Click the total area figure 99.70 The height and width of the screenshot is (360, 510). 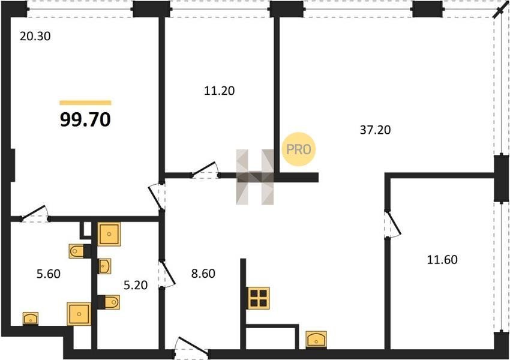[85, 119]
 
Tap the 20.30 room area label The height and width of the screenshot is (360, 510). [35, 36]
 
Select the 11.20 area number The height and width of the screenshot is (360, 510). [219, 91]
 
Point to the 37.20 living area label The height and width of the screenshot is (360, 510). [376, 130]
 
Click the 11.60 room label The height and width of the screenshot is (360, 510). [442, 260]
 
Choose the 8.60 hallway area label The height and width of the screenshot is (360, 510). [203, 274]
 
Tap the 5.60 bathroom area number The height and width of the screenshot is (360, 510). [49, 274]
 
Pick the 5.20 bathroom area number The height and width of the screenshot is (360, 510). [136, 285]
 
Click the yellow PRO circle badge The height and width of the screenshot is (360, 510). [299, 149]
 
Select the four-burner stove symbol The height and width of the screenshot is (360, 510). [258, 298]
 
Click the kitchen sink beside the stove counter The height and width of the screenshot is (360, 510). [316, 340]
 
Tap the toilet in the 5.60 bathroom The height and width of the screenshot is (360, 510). [77, 251]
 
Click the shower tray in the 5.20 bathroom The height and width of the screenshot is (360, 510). [109, 234]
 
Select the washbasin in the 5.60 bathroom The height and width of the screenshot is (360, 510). [30, 319]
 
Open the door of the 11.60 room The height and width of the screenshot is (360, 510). [392, 224]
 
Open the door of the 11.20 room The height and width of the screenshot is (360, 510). [205, 170]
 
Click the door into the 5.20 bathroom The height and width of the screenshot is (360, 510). [168, 274]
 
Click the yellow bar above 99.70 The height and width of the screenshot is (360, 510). [85, 103]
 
